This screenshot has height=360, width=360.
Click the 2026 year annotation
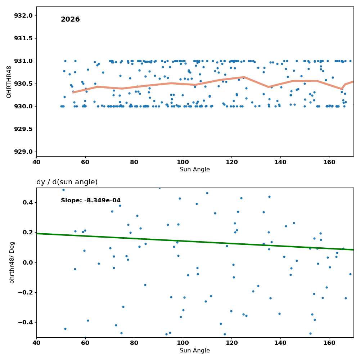(x=70, y=19)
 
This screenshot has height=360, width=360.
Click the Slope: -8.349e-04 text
(x=91, y=201)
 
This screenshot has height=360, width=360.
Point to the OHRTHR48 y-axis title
(x=9, y=82)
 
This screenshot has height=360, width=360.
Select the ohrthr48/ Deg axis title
(x=12, y=262)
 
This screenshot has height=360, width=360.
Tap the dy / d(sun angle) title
(x=67, y=182)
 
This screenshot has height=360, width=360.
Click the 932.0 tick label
(x=23, y=15)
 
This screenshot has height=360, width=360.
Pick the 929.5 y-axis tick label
(x=23, y=129)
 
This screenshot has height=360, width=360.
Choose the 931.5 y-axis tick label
(x=23, y=39)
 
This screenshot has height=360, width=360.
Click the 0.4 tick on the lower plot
(x=28, y=202)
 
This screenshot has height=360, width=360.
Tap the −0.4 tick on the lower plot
(x=26, y=323)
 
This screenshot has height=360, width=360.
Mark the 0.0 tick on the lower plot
(x=28, y=262)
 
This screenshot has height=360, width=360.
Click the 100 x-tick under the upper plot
(x=183, y=162)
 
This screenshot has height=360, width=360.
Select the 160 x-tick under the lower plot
(x=329, y=343)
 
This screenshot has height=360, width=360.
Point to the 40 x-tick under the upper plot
(x=36, y=162)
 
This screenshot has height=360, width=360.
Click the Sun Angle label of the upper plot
(x=195, y=170)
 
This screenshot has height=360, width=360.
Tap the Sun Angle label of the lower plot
(x=195, y=350)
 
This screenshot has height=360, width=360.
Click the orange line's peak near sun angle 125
(x=244, y=77)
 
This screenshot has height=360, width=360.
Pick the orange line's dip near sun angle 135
(x=269, y=87)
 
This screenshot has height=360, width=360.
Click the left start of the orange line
(x=73, y=92)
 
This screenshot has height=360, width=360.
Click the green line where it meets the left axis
(x=37, y=234)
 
